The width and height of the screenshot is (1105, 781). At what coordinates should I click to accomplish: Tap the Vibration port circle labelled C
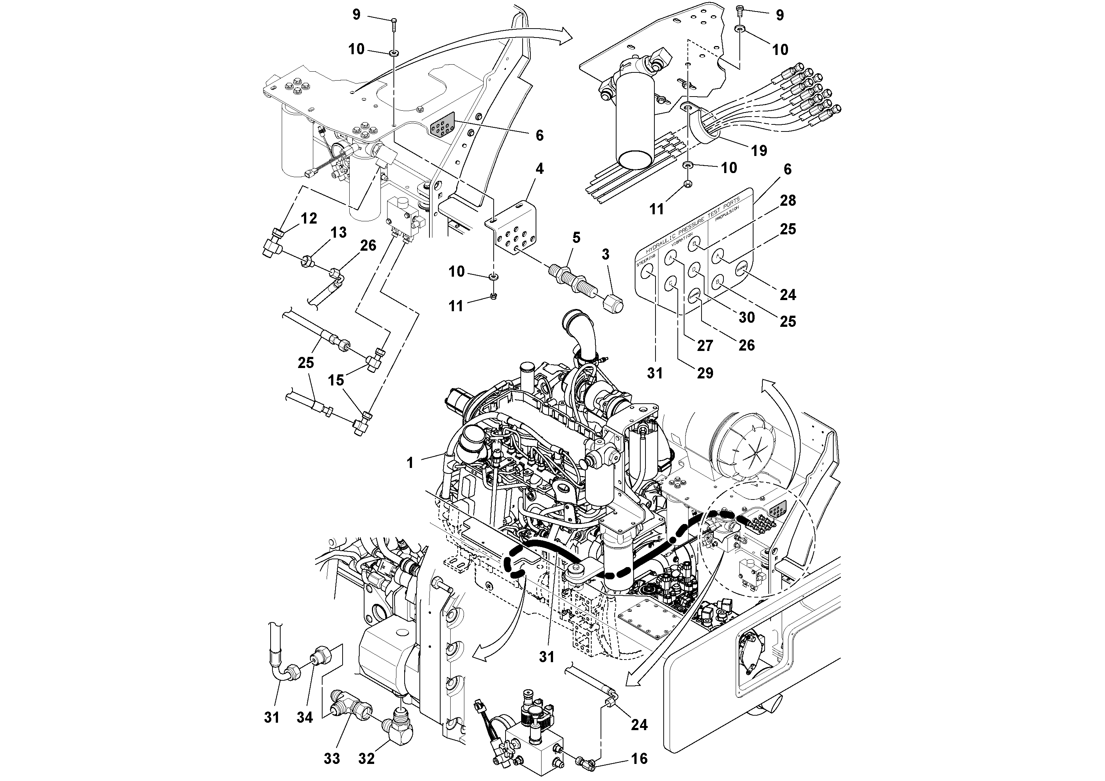click(x=670, y=284)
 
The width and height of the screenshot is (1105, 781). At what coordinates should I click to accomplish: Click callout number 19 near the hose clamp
click(x=759, y=151)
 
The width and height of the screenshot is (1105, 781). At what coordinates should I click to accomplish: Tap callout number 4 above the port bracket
click(x=539, y=169)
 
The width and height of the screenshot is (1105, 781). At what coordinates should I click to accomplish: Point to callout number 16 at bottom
click(x=639, y=759)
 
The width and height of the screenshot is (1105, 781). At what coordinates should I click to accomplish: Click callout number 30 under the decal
click(x=746, y=317)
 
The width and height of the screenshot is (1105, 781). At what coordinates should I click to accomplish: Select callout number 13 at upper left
click(x=339, y=232)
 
